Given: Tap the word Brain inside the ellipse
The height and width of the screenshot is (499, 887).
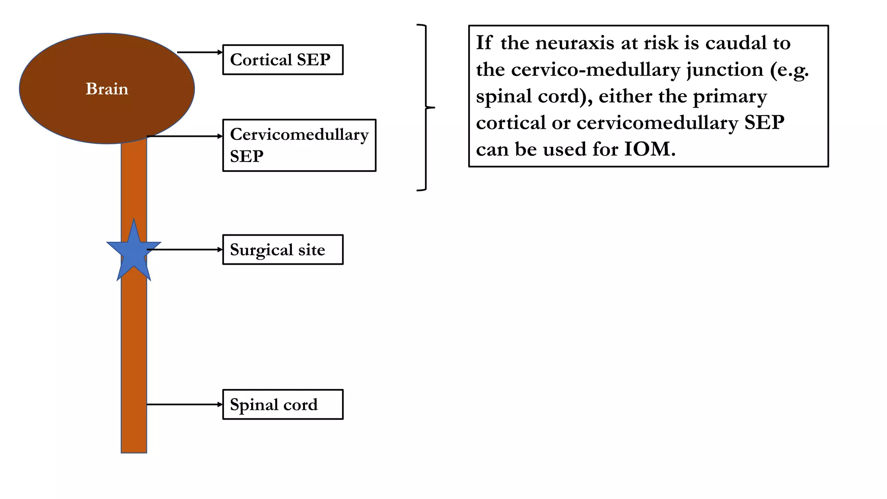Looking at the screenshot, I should (x=107, y=89).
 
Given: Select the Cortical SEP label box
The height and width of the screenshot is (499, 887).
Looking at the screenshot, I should (x=283, y=60).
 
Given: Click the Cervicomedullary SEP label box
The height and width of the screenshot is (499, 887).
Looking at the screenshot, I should (x=299, y=146).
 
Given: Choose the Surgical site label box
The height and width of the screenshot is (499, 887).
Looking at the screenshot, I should (x=283, y=250).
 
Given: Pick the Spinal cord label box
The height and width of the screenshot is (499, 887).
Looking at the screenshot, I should (x=283, y=405).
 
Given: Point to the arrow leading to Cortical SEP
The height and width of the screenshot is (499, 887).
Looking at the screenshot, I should (x=200, y=52).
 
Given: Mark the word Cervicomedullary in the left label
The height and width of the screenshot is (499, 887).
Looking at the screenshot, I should (x=299, y=135).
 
